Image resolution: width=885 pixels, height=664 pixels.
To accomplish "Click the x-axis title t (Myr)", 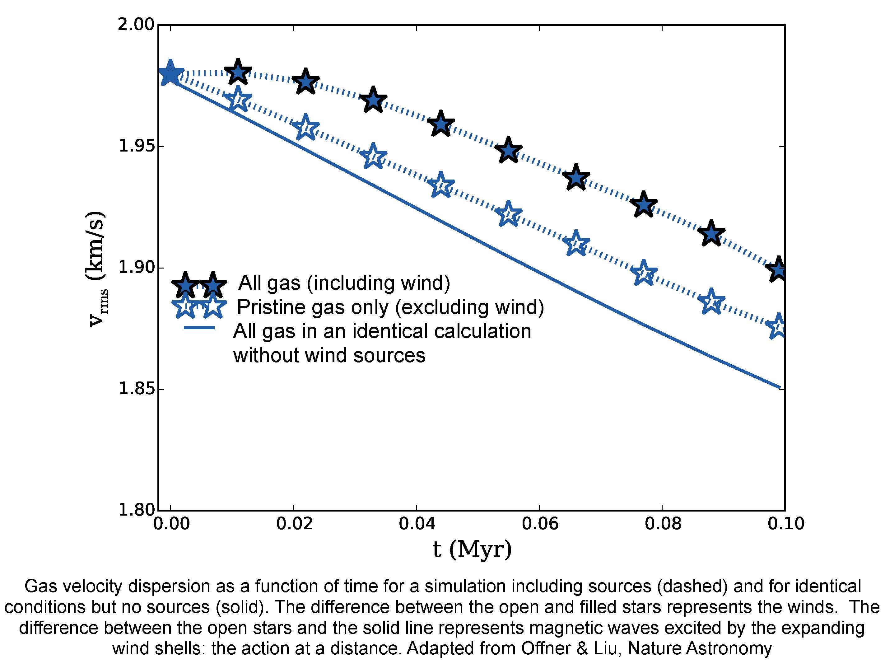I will pos(472,549).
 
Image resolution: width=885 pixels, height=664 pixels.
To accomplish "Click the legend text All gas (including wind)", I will pos(344,283).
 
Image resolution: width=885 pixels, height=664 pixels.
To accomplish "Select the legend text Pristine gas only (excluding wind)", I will pos(390,307).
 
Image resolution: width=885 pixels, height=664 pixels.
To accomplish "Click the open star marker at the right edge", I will pos(779,327).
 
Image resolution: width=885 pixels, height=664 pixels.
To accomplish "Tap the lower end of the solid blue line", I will pos(779,387).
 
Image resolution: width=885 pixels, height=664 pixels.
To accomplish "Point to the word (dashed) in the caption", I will pos(692,586).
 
